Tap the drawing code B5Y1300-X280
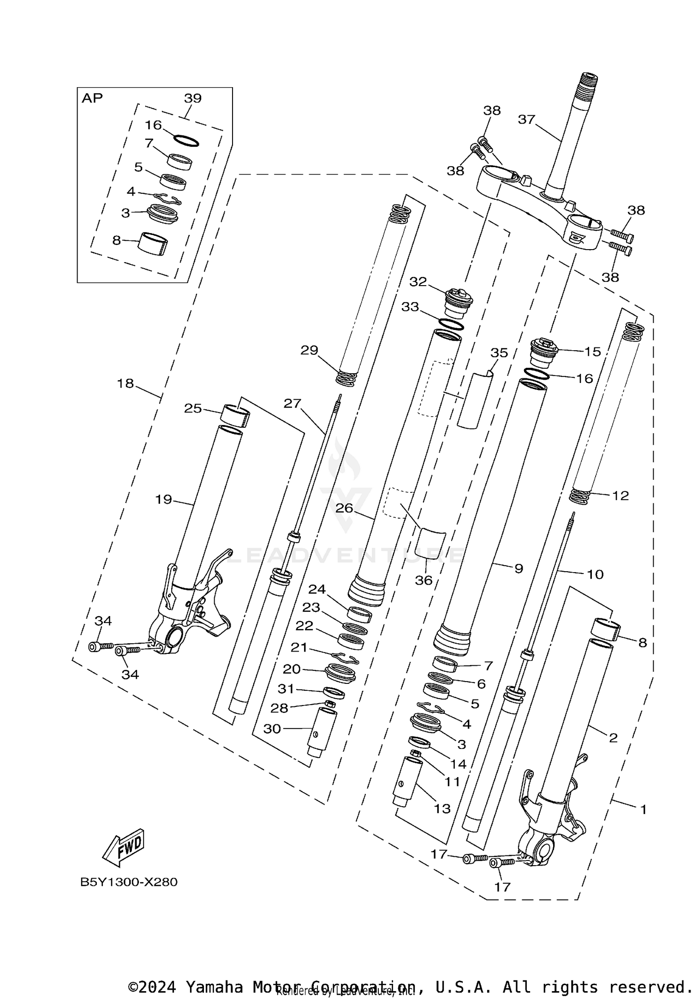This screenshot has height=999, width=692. click(129, 882)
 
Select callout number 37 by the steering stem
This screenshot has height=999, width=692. click(526, 120)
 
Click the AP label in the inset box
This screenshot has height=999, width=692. click(92, 98)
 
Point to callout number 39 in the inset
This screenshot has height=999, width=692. click(193, 98)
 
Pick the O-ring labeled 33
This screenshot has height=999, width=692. click(451, 324)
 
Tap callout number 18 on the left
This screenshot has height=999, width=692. click(125, 383)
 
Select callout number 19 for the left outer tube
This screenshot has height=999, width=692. click(163, 499)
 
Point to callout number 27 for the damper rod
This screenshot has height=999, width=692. click(292, 403)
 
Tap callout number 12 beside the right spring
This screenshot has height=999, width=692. click(620, 496)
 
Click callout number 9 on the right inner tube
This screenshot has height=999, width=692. click(519, 568)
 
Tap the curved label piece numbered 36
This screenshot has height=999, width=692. click(430, 542)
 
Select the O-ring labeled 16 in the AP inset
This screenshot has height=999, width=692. click(186, 141)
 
